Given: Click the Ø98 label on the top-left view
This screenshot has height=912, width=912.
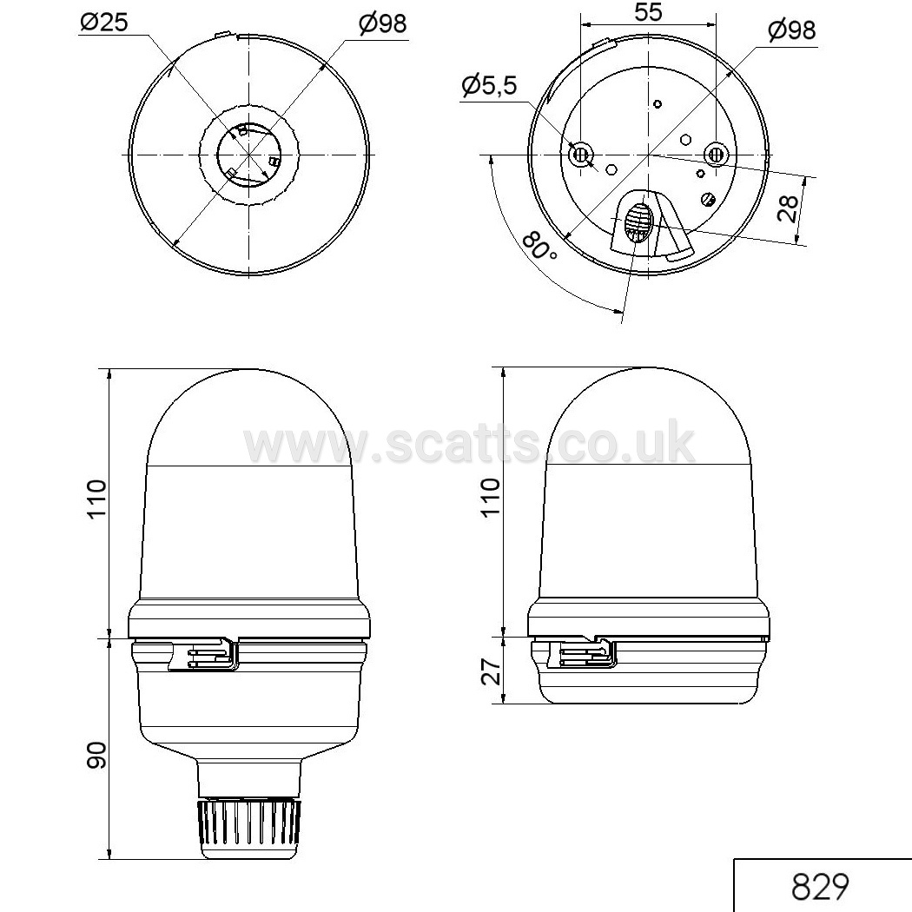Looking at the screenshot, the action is click(383, 23).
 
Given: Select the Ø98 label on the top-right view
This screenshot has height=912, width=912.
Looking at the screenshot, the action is click(791, 30).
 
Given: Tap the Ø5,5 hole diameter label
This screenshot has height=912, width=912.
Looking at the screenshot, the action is click(489, 86).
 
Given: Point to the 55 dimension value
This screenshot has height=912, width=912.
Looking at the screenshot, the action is click(648, 11).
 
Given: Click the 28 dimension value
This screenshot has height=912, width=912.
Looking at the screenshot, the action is click(788, 208).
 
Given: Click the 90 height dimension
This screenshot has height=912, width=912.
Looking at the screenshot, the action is click(96, 756).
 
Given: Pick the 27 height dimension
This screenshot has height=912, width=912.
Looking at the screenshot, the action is click(492, 671).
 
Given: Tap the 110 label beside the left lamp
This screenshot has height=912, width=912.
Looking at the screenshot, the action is click(96, 499).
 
